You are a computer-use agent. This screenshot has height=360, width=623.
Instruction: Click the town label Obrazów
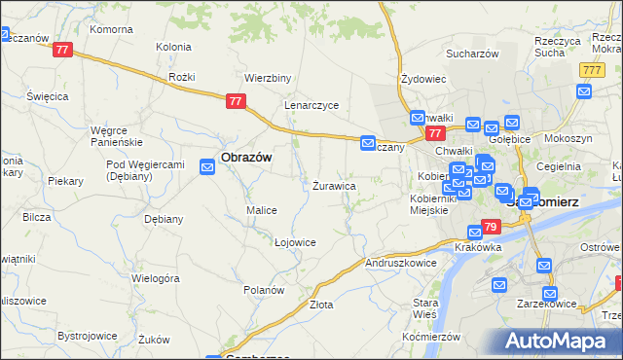pyautogui.click(x=245, y=157)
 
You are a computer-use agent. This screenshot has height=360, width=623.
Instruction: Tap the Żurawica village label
pyautogui.click(x=333, y=185)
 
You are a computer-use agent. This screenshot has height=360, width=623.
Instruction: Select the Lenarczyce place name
pyautogui.click(x=311, y=105)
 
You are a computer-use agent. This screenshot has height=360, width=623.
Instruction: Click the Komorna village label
pyautogui.click(x=110, y=29)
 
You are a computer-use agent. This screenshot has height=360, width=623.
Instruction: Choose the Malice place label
pyautogui.click(x=262, y=210)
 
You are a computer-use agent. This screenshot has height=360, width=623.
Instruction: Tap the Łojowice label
pyautogui.click(x=295, y=242)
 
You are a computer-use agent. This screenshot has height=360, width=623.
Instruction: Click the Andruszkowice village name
pyautogui.click(x=400, y=263)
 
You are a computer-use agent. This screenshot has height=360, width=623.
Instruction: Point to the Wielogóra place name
pyautogui.click(x=157, y=278)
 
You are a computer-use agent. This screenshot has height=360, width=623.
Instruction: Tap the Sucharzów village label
pyautogui.click(x=472, y=54)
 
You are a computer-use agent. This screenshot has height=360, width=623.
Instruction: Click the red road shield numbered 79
pyautogui.click(x=492, y=228)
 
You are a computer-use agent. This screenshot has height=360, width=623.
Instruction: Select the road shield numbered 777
pyautogui.click(x=590, y=71)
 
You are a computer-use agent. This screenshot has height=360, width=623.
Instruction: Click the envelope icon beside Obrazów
pyautogui.click(x=207, y=168)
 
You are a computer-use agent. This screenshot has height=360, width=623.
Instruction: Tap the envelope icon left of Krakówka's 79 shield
pyautogui.click(x=474, y=233)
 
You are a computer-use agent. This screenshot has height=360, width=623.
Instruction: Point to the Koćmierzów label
pyautogui.click(x=428, y=336)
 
